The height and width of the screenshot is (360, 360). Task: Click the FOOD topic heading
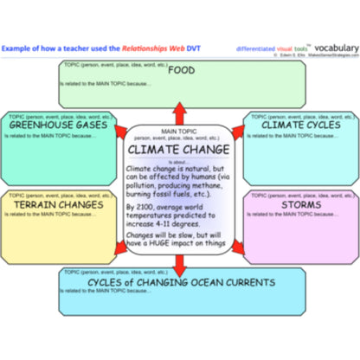pos(181,71)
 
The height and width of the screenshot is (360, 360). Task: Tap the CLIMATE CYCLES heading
pos(299,125)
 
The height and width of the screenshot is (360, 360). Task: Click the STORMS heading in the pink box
pos(299,205)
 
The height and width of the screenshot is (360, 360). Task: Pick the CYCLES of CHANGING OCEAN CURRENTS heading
pos(181,282)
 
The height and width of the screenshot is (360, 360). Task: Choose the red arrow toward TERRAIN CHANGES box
pos(119,249)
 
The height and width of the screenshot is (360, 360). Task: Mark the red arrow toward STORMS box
pos(241,248)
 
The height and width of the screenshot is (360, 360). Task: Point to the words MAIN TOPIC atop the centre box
pos(179,129)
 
